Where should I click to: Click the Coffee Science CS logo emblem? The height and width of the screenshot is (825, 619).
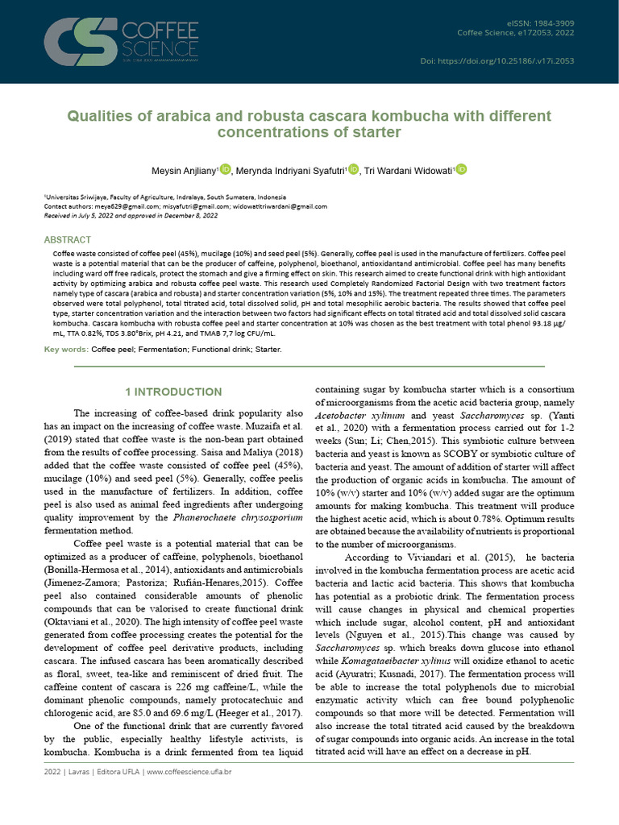(81, 42)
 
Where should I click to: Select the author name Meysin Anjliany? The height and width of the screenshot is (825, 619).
(184, 170)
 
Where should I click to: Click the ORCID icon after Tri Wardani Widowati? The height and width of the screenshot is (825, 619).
(461, 169)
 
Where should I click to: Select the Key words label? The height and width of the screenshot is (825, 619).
(66, 350)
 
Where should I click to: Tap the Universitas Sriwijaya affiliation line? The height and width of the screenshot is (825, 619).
(165, 197)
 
